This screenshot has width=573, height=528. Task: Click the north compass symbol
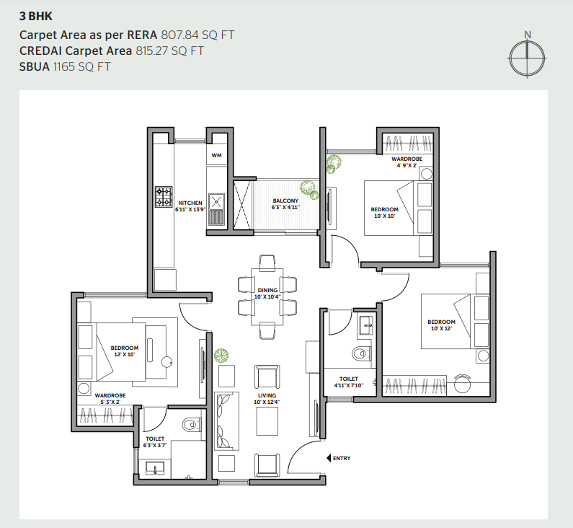[x=527, y=58]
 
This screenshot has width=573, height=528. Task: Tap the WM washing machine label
[x=216, y=155]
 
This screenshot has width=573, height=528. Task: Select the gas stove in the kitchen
[x=164, y=197]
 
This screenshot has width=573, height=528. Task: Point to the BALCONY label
[x=285, y=201]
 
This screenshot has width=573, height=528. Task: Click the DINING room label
[x=267, y=290]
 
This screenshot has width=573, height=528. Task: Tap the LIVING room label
[x=267, y=395]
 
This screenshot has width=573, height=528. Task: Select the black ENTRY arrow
[x=329, y=458]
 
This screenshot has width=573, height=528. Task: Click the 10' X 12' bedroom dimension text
[x=441, y=328]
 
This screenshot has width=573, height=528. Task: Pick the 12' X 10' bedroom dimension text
[x=124, y=354]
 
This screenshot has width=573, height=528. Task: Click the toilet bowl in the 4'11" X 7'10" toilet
[x=360, y=353]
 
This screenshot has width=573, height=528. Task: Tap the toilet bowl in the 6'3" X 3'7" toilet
[x=190, y=425]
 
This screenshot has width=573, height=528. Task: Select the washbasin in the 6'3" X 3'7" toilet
[x=155, y=468]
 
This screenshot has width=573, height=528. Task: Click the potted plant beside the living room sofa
[x=221, y=356]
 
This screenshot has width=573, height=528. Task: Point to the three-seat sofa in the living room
[x=226, y=421]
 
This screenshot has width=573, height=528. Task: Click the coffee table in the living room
[x=267, y=421]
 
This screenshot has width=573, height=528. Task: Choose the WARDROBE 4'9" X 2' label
[x=407, y=162]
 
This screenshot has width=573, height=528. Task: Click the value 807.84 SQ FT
[x=197, y=35]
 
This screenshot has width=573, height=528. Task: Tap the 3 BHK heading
[x=36, y=16]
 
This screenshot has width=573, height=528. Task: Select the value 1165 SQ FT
[x=82, y=67]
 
